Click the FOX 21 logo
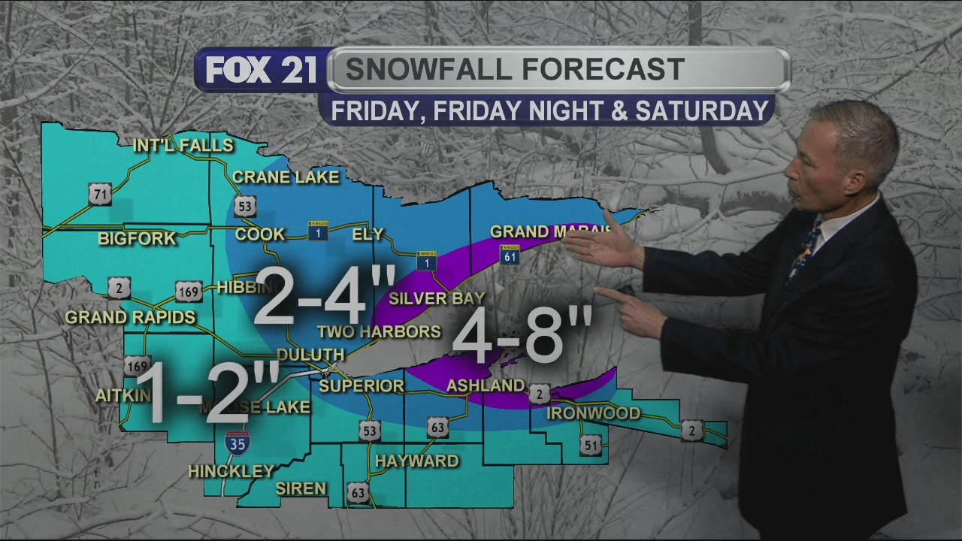pyautogui.click(x=259, y=71)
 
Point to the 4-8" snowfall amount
pyautogui.click(x=522, y=334)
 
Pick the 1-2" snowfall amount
pyautogui.click(x=207, y=391)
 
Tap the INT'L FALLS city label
pyautogui.click(x=183, y=146)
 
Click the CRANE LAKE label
pyautogui.click(x=286, y=177)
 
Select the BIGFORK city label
pyautogui.click(x=136, y=239)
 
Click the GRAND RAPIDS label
pyautogui.click(x=130, y=317)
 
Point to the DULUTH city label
pyautogui.click(x=310, y=355)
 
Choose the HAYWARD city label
pyautogui.click(x=416, y=461)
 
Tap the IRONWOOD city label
pyautogui.click(x=593, y=413)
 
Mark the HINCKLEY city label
pyautogui.click(x=231, y=472)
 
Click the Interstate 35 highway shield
pyautogui.click(x=237, y=443)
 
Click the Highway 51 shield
pyautogui.click(x=591, y=446)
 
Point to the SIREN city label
pyautogui.click(x=301, y=488)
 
